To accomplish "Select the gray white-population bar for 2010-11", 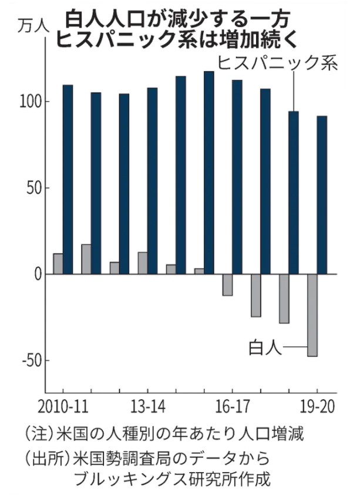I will pyautogui.click(x=58, y=264).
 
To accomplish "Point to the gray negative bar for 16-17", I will pyautogui.click(x=227, y=285).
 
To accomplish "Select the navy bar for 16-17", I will pyautogui.click(x=237, y=177).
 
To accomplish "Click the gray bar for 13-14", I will pyautogui.click(x=143, y=263).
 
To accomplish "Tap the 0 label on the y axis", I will pyautogui.click(x=37, y=274).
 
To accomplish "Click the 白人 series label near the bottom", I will pyautogui.click(x=265, y=349).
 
